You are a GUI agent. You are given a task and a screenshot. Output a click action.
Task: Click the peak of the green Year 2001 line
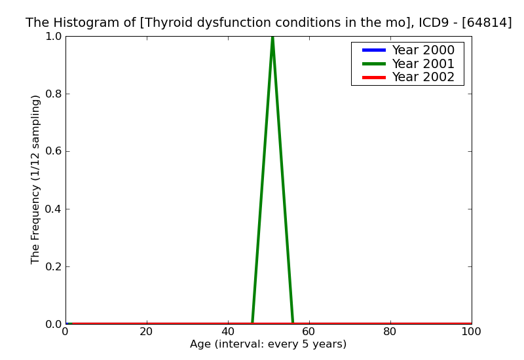272,37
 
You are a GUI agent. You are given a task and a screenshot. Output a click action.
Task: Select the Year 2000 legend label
422,50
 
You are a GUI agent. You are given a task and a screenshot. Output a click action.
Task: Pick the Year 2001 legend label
422,63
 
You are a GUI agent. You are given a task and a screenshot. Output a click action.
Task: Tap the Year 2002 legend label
422,77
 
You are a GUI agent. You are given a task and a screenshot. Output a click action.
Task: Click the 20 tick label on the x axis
147,331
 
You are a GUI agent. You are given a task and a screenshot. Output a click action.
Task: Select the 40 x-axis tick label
228,331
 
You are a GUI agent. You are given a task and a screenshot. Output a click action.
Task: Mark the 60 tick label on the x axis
309,331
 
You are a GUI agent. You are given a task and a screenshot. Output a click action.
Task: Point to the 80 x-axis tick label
390,331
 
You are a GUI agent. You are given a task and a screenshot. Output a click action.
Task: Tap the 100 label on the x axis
471,331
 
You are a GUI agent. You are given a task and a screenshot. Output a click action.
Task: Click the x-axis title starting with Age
268,344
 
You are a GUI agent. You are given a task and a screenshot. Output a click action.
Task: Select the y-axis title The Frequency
36,179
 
